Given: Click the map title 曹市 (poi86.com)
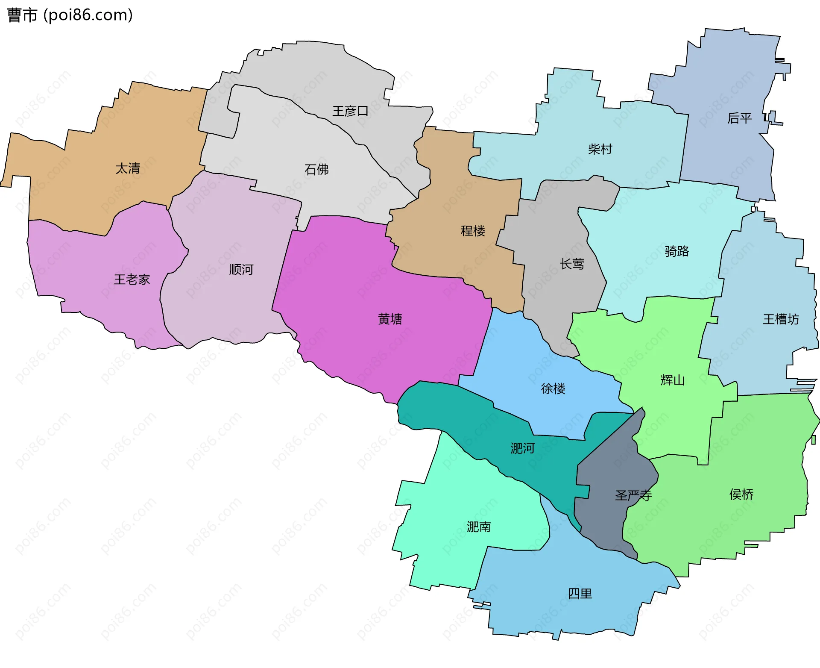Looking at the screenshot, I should point(70,15).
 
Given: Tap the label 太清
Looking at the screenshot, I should point(128,168).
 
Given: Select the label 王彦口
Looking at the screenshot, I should point(350,111).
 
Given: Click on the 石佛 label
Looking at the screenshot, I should point(316,170).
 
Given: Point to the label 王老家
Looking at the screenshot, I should point(132,280).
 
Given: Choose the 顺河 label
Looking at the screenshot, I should point(241,270).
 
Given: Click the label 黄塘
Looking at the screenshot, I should point(390,319).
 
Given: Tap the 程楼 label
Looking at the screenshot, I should point(473,231).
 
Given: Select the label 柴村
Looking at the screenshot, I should point(600,149).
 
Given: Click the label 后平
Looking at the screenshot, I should point(739,118).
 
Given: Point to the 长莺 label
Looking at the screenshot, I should point(572,264).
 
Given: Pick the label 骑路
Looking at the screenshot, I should point(677,251).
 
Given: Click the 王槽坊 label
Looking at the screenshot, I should point(781,319).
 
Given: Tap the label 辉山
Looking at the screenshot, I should point(673,380).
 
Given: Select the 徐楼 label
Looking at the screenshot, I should point(553,388).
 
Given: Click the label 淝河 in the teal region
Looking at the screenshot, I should point(523,448).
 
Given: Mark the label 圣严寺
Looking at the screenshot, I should point(633,496).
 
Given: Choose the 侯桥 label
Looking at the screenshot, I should point(741,494).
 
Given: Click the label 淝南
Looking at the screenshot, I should point(479,527).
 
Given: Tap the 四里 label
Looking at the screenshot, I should point(580,594).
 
